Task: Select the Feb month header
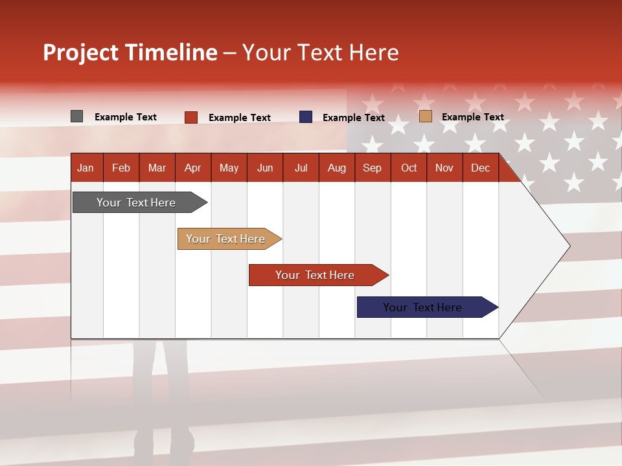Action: coord(121,168)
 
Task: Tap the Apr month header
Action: coord(193,168)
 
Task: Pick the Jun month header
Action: coord(265,168)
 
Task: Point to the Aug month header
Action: coord(337,168)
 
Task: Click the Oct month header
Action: coord(409,168)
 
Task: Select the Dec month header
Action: coord(481,168)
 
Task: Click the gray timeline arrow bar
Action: coord(140,202)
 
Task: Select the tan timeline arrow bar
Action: coord(229,239)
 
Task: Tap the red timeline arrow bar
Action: coord(319,275)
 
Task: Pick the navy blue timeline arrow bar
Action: coord(428,307)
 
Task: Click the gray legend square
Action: coord(76,116)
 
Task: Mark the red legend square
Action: coord(191,117)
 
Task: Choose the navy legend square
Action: coord(305,117)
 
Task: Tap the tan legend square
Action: coord(426,116)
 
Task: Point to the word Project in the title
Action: coord(80,52)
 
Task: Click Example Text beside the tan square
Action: coord(473,117)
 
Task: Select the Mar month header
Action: coord(157,168)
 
